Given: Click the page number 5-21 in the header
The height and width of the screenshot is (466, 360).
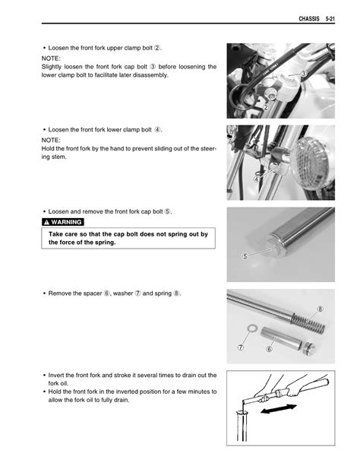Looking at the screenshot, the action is coord(330,19).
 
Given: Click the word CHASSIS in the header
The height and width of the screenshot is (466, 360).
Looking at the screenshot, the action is coord(309,19).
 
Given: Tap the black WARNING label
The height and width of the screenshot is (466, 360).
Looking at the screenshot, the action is coord(63,222).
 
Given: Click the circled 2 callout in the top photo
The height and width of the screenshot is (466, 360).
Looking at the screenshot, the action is coord(266,107).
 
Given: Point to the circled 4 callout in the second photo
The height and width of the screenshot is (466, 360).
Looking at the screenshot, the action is coord(257,179).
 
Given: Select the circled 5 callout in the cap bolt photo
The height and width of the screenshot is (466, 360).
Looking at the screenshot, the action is coord(245,256).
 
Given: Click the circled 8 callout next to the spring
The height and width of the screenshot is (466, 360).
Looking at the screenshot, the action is coord(321,309).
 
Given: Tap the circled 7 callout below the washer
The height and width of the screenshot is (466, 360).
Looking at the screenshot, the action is coord(241,347).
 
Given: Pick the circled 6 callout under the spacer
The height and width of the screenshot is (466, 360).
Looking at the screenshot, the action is coord(269,349).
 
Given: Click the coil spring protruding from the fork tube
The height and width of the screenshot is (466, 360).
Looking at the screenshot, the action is coord(308,323).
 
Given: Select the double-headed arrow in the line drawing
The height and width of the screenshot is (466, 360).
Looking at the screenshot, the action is coord(278,408).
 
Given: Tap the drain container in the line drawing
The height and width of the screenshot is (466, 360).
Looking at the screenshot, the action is coord(242,426).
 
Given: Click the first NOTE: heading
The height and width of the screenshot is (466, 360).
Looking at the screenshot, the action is coord(51,59).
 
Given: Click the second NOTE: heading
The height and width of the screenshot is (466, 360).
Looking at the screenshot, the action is coord(51,140).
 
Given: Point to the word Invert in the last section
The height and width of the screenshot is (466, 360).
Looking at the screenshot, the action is coord(56,375).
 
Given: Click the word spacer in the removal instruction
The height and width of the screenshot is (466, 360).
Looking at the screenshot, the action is coord(93,293).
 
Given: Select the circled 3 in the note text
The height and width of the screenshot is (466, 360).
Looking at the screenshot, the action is coord(153,67).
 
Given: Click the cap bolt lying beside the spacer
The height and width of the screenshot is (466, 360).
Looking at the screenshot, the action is coord(309,348).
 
